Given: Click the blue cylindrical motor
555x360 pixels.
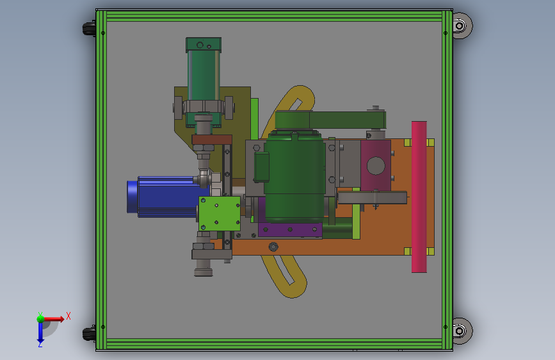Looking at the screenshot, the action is click(163, 197).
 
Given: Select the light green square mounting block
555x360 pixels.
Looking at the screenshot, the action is click(220, 214).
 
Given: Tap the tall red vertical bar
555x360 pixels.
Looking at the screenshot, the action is click(419, 197).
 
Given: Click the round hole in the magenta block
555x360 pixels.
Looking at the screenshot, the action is click(376, 166).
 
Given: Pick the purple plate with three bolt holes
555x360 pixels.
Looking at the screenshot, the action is click(290, 229).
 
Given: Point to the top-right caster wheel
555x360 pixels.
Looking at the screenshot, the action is click(462, 26).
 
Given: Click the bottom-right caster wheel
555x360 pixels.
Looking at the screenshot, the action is click(462, 331).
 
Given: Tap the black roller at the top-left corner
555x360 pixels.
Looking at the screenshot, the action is click(89, 28).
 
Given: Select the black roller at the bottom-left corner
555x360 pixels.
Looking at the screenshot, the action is click(89, 334).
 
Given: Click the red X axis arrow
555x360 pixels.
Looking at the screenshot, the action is click(53, 319).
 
